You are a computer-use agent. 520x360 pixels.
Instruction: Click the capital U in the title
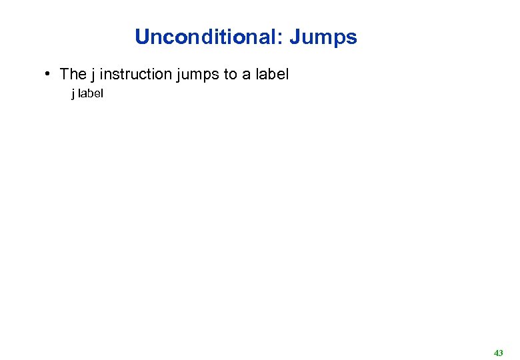coord(141,37)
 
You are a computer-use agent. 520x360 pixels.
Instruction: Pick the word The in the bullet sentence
coord(73,74)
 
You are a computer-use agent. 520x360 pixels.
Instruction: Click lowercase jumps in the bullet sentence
coord(199,75)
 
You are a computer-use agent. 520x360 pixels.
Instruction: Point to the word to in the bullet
coord(231,74)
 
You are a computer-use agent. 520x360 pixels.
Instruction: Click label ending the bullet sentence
coord(272,74)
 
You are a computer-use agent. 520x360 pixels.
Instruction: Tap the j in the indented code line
coord(73,94)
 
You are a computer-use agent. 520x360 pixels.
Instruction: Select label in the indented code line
coord(91,94)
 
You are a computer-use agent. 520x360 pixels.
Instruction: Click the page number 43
coord(499,352)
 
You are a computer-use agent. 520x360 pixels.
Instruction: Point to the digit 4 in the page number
coord(496,352)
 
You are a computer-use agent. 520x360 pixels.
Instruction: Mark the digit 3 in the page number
coord(501,352)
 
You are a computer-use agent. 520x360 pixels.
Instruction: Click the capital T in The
coord(64,74)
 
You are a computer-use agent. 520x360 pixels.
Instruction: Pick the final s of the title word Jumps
coord(352,38)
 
